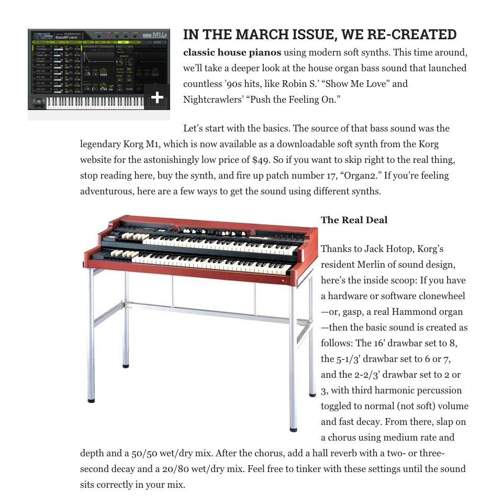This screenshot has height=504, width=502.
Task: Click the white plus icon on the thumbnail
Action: click(x=157, y=97)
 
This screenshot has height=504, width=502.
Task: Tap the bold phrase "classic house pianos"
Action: click(x=232, y=52)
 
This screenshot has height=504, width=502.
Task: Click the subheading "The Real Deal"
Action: click(x=354, y=220)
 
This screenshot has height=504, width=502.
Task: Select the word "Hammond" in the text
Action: click(x=420, y=312)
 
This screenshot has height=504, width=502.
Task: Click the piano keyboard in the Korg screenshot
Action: click(x=94, y=102)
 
